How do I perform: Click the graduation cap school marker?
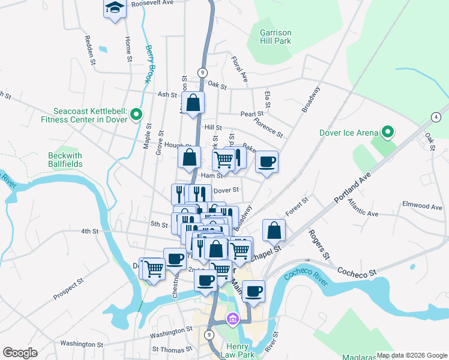(x=114, y=9)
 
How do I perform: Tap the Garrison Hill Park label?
(x=275, y=37)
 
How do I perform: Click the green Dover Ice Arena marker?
(x=388, y=133)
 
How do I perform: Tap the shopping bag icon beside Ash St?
(x=193, y=103)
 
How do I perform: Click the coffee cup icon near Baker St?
(x=267, y=161)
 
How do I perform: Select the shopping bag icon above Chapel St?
(x=274, y=230)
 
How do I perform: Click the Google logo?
(x=20, y=353)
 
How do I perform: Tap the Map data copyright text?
(x=412, y=355)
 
